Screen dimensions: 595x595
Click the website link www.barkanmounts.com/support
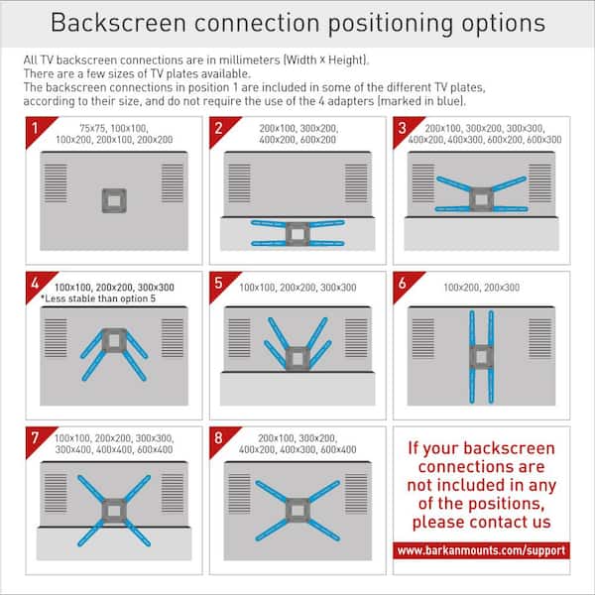click(481, 549)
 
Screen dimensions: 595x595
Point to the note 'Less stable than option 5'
click(93, 297)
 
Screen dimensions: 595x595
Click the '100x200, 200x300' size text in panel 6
click(482, 287)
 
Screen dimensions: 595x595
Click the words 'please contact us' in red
click(480, 522)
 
